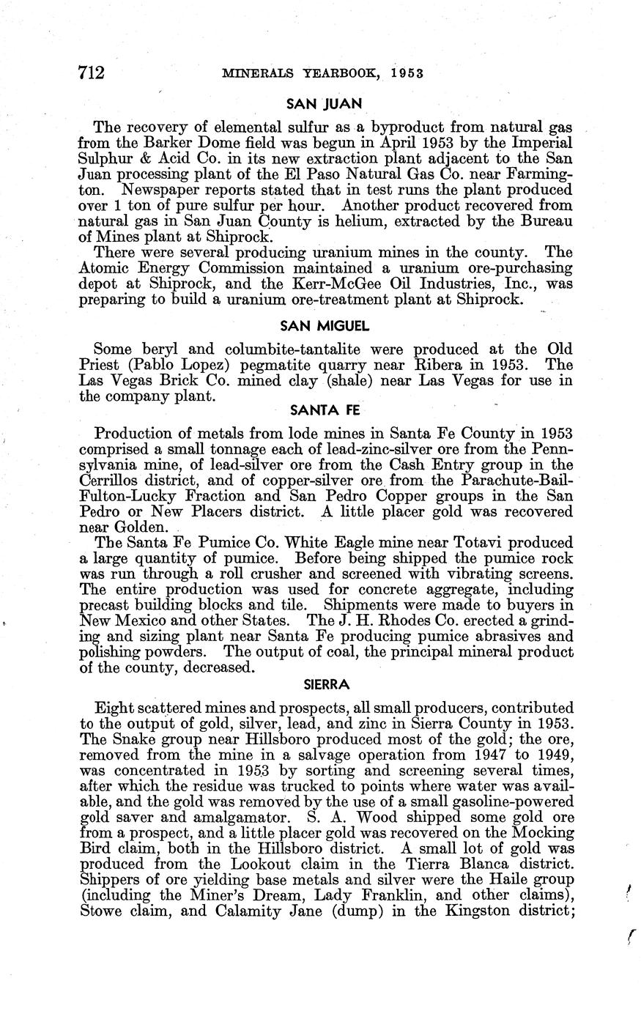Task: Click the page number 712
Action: point(92,73)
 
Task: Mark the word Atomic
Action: point(100,267)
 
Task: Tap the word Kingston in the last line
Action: point(467,912)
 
